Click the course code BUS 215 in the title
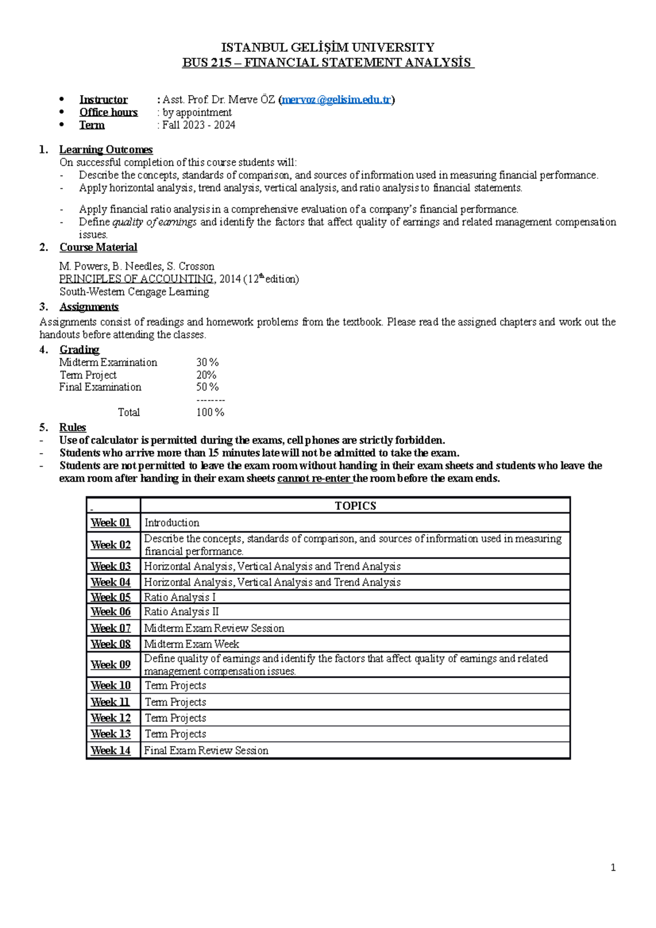tap(207, 62)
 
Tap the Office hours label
tap(108, 112)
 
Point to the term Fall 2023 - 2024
tap(199, 125)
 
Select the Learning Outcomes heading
tap(106, 150)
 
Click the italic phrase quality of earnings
tap(154, 222)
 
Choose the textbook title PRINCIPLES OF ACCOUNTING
tap(136, 279)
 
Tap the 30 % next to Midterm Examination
tap(207, 362)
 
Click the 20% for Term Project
tap(206, 375)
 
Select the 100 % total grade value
tap(210, 413)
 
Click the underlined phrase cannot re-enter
tap(314, 479)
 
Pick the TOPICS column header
tap(355, 506)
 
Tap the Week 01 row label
tap(110, 523)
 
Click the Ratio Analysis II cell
tap(181, 612)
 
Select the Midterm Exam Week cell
tap(191, 644)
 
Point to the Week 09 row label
tap(110, 665)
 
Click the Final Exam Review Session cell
tap(206, 751)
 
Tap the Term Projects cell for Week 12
tap(175, 718)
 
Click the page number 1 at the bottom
tap(613, 868)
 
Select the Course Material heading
tap(98, 248)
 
